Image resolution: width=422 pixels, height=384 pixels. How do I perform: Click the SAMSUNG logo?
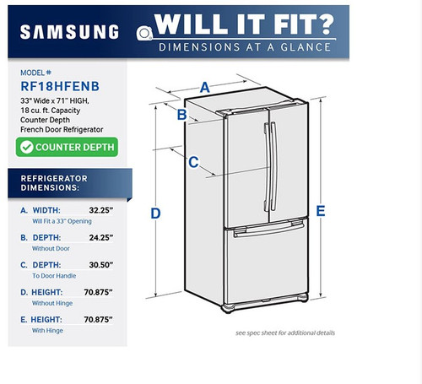(68, 32)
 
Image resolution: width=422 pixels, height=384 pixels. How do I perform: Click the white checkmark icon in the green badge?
(27, 147)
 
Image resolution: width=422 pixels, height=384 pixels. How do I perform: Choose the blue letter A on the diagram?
(205, 86)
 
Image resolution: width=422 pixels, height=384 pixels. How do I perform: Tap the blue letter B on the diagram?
(181, 116)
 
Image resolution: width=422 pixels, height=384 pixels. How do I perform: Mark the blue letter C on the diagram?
(193, 162)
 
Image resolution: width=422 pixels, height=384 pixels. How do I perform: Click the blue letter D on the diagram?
(156, 214)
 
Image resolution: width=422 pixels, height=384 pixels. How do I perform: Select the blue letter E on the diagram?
(321, 211)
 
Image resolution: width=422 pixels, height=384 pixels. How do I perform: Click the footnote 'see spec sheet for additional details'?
(285, 333)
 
